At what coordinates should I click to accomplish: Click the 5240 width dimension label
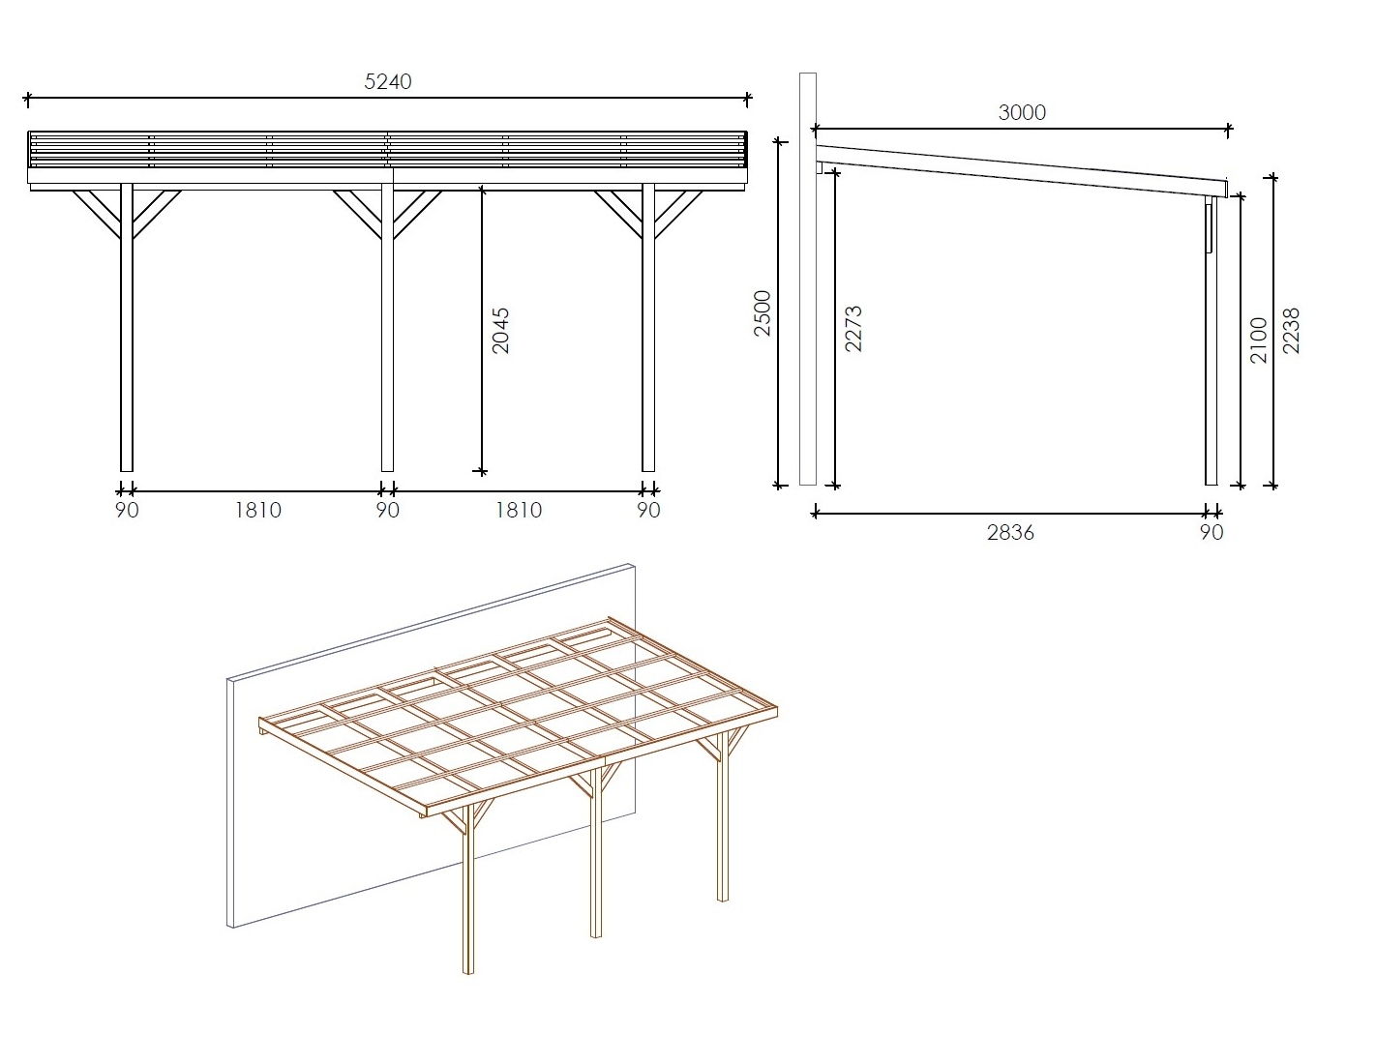[387, 81]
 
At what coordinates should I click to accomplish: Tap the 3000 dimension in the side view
[1022, 112]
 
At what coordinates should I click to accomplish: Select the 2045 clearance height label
[500, 331]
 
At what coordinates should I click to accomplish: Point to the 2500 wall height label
[762, 313]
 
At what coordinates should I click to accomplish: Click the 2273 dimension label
[853, 329]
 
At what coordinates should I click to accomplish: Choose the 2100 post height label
[1259, 340]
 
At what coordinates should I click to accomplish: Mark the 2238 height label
[1291, 331]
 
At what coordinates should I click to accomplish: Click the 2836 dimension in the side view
[1010, 533]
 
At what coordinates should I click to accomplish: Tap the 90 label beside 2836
[1211, 533]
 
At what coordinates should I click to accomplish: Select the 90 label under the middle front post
[387, 510]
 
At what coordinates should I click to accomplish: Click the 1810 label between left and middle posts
[257, 510]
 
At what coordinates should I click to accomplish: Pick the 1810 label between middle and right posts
[519, 510]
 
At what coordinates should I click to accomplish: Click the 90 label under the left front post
[127, 510]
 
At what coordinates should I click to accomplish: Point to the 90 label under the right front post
[648, 510]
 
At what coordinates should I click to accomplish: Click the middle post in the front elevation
[387, 328]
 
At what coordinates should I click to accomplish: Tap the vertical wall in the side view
[807, 280]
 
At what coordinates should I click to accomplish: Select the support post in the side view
[1211, 340]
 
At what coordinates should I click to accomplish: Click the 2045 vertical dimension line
[481, 329]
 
